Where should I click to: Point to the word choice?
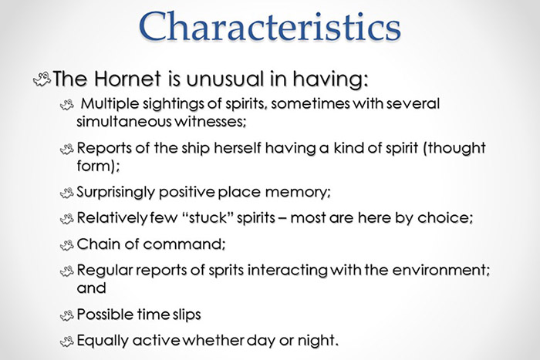(x=444, y=218)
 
